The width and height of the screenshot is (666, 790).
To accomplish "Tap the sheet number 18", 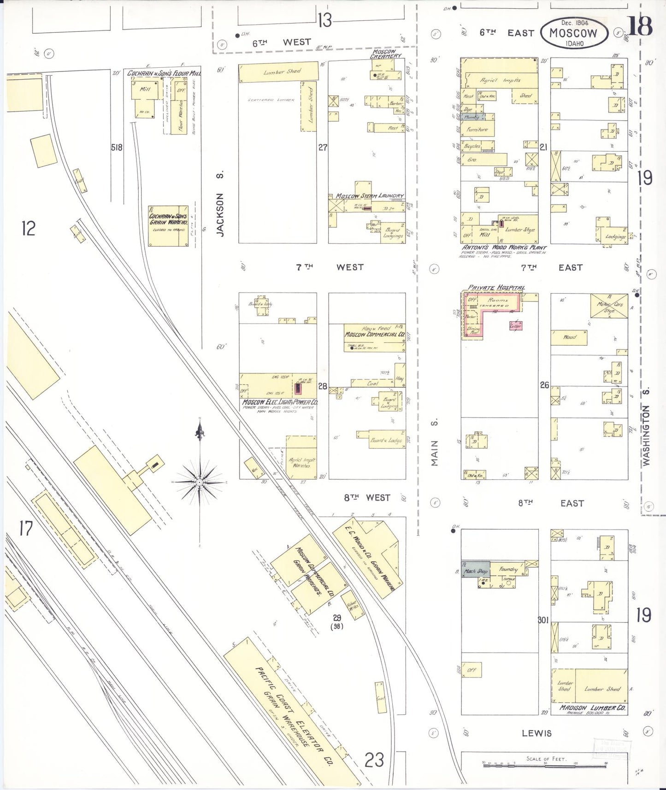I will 640,26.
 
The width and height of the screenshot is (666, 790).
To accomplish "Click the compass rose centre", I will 199,482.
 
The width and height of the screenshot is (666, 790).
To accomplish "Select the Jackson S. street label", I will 220,203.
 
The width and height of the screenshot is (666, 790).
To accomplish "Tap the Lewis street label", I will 536,733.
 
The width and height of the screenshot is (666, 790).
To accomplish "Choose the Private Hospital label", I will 496,288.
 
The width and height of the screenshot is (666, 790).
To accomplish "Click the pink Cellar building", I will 515,326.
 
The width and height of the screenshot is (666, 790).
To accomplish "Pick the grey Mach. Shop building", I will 476,571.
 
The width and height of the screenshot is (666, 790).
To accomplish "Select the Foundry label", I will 508,570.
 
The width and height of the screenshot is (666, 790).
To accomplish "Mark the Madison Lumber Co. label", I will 592,707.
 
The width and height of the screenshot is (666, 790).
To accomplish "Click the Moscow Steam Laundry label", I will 369,196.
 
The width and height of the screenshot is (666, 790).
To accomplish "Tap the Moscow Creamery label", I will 386,54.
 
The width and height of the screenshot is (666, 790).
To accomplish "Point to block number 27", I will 323,147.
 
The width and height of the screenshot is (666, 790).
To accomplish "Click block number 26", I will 544,385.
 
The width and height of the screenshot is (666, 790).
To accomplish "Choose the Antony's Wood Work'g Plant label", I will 504,248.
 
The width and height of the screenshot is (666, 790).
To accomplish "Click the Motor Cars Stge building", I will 609,306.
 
